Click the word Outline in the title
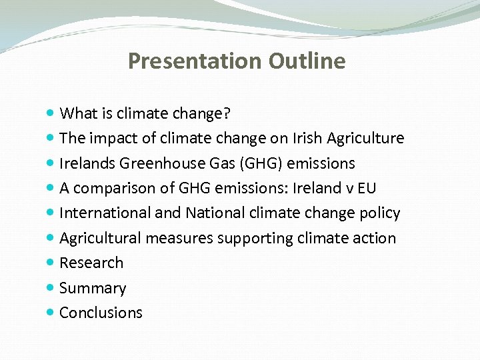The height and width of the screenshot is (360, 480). [x=307, y=61]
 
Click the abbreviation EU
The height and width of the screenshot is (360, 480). [x=367, y=188]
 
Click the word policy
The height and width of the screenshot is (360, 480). [x=379, y=213]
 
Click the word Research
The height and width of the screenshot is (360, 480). [x=91, y=263]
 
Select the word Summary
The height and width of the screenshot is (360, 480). [x=93, y=288]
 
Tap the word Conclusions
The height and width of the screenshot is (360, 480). [x=101, y=313]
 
